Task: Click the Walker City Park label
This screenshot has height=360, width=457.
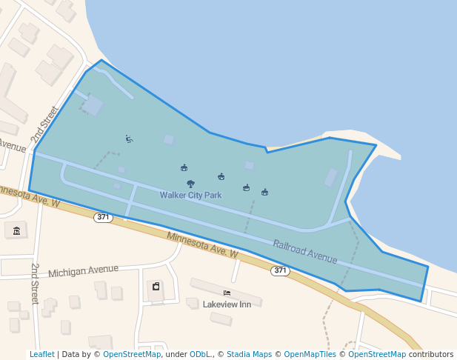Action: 190,196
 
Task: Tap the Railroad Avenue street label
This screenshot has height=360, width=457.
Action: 304,251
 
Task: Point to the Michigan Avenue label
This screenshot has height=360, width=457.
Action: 83,271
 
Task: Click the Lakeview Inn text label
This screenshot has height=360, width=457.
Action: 227,304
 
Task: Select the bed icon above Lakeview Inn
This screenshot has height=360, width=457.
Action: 227,293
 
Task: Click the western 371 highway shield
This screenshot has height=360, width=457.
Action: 103,217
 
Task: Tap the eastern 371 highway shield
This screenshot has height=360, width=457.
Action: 279,270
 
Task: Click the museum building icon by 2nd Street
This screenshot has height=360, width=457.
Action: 16,231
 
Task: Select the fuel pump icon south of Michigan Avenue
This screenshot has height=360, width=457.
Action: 156,287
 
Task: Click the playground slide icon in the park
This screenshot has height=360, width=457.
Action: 130,139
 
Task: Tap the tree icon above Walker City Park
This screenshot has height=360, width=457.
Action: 190,184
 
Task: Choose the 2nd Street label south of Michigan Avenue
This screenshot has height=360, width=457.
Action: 34,283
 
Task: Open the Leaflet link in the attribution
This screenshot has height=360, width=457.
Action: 41,354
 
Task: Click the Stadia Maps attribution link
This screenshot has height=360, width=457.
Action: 249,354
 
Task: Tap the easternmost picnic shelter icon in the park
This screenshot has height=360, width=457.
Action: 264,193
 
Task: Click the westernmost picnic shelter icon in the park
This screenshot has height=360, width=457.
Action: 184,168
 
